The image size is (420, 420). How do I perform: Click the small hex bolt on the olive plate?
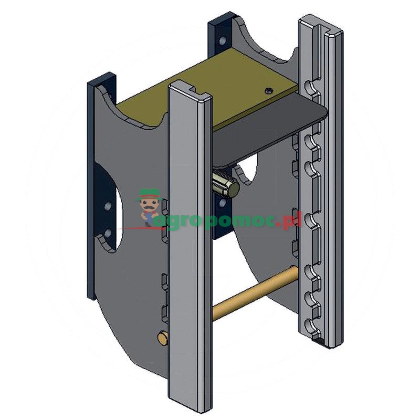[x=269, y=91]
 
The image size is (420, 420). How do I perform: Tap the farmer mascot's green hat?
[x=149, y=194]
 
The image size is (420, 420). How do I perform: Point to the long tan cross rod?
[x=255, y=293]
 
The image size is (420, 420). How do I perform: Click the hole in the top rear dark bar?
[x=222, y=41]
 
